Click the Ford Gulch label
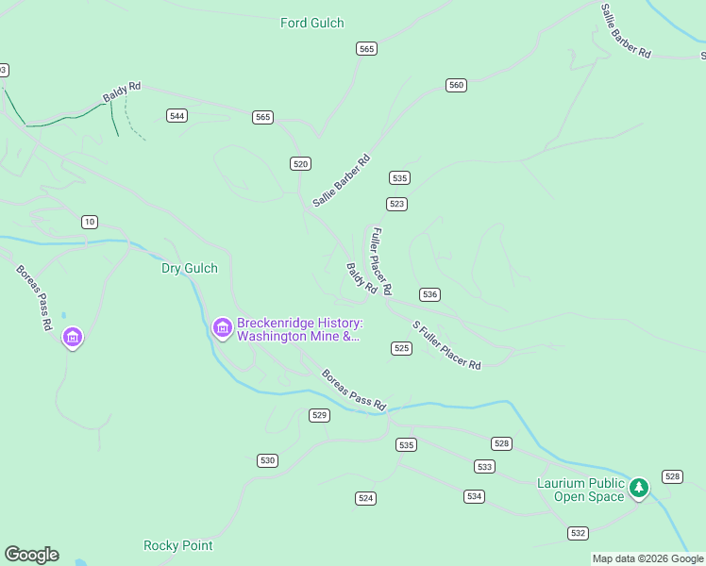(x=312, y=23)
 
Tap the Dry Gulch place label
(x=189, y=269)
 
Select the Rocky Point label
(x=177, y=545)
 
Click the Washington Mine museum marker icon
(x=223, y=327)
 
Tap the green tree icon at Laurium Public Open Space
(x=640, y=488)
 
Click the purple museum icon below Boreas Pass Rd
(x=72, y=337)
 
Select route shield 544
(x=176, y=116)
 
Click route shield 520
(x=300, y=163)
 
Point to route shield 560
(x=456, y=85)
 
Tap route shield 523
(x=396, y=204)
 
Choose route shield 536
(x=429, y=294)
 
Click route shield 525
(x=401, y=348)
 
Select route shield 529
(x=319, y=415)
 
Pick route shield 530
(x=267, y=460)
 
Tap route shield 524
(x=366, y=497)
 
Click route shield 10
(x=89, y=222)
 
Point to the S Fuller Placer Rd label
(x=446, y=345)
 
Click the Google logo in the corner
(x=31, y=555)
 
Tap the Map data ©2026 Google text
(x=647, y=558)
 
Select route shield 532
(x=579, y=533)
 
